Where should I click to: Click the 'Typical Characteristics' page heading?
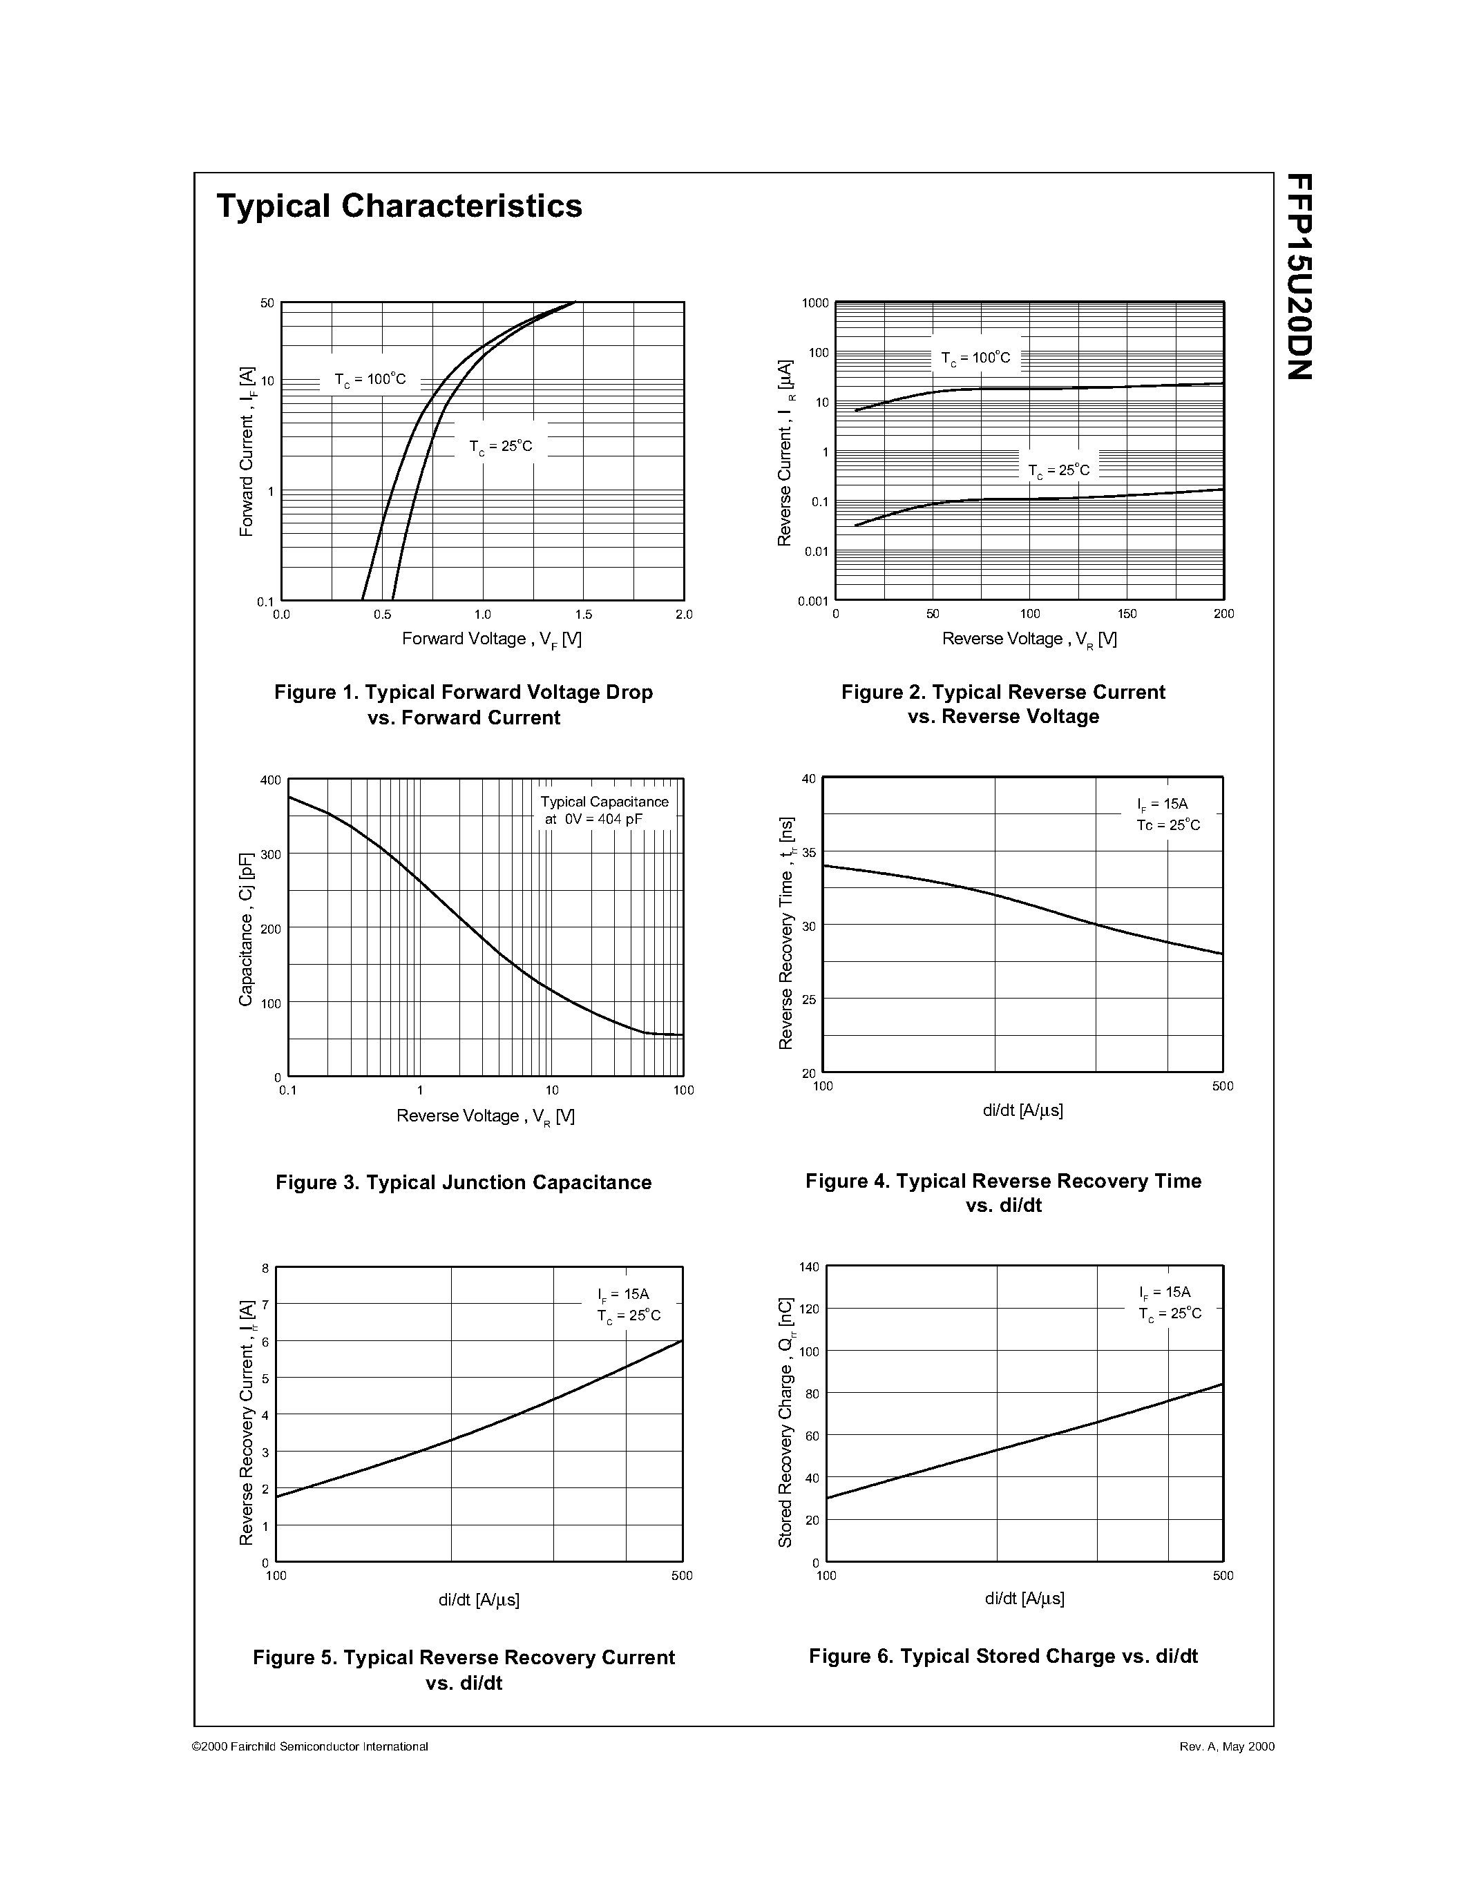399,206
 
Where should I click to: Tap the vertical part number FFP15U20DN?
1299,276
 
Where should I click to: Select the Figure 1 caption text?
464,704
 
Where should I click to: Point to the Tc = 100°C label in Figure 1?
370,380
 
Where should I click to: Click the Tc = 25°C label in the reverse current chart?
1058,470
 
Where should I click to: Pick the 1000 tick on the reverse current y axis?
815,303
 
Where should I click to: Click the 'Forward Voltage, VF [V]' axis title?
491,639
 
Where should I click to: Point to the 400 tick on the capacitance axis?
271,780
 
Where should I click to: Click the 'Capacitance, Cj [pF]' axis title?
246,929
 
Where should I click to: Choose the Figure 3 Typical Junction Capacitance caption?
464,1182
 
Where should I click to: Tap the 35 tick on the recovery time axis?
809,853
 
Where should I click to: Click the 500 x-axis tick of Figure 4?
1222,1086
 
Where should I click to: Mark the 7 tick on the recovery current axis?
265,1304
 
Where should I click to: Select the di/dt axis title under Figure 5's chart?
478,1599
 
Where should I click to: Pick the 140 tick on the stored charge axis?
809,1268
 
